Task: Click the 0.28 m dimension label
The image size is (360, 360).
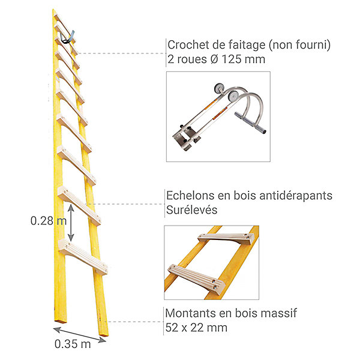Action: (49, 221)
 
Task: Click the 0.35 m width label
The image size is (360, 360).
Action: (73, 344)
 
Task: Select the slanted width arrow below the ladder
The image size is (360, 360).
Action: (80, 335)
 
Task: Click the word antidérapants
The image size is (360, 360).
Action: (296, 196)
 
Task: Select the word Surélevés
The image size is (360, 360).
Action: (192, 210)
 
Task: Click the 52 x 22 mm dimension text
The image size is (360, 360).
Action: (196, 328)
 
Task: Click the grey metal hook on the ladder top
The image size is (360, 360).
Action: (67, 37)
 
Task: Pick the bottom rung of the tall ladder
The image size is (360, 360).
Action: (83, 257)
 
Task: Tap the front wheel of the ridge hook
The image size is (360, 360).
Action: (233, 96)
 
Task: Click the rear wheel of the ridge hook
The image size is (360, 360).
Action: (218, 88)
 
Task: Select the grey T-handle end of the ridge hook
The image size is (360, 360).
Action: (250, 122)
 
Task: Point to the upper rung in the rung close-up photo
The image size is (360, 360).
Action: (227, 238)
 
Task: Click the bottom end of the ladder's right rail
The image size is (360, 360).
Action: (104, 334)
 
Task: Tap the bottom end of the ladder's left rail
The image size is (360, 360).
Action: (61, 321)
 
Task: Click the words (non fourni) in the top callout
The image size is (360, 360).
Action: (299, 45)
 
